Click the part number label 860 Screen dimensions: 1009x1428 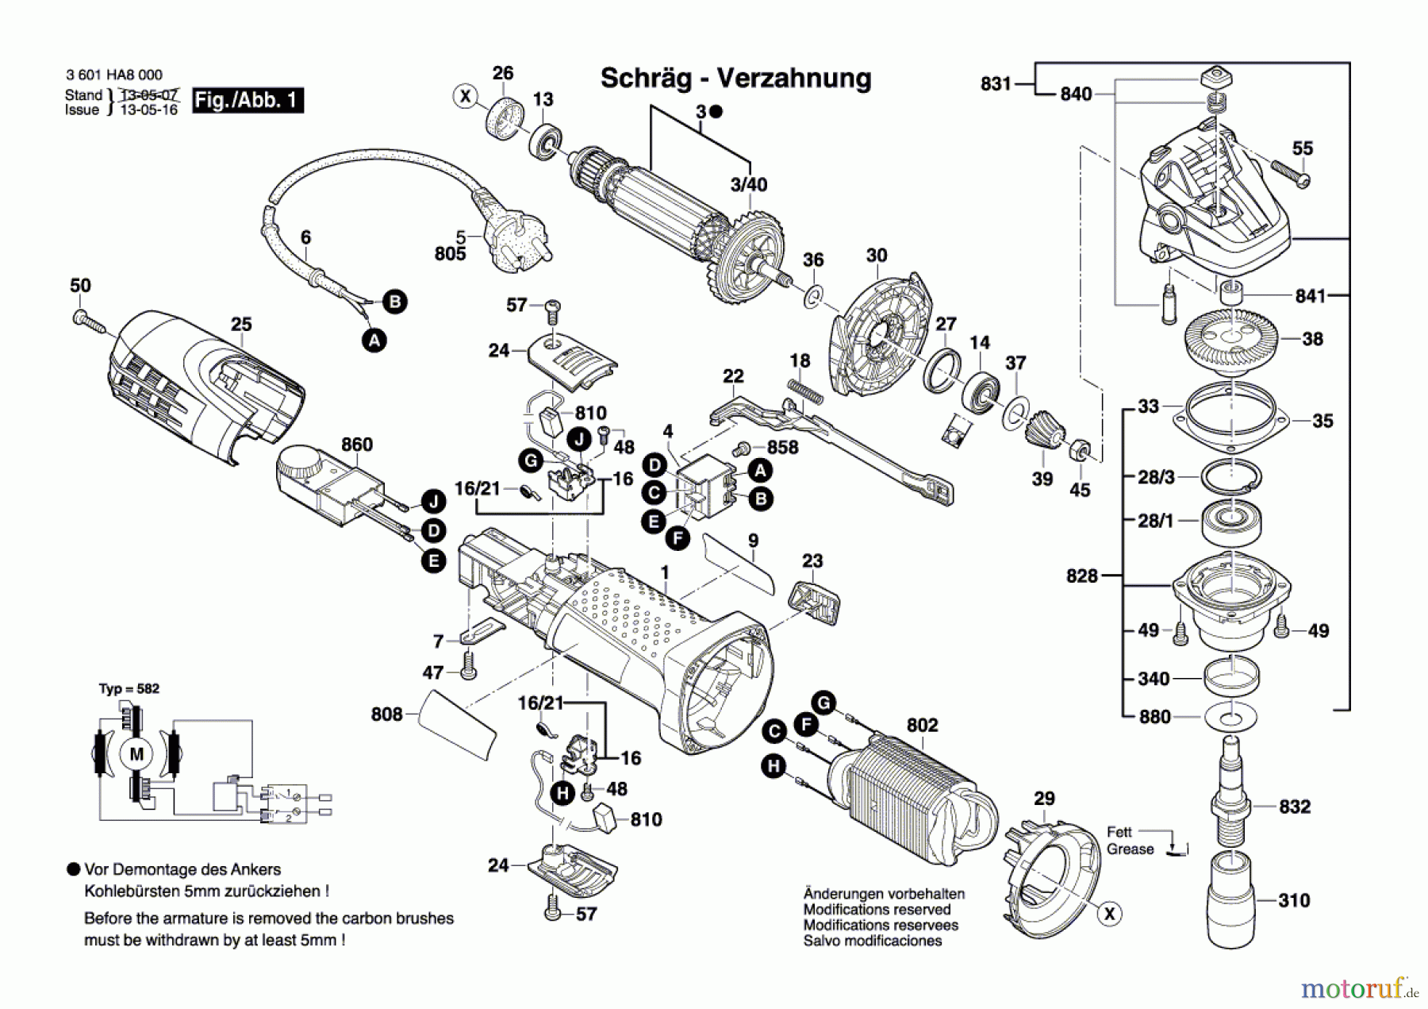356,445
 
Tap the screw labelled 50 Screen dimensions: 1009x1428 88,322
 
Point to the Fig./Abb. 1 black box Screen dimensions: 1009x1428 248,100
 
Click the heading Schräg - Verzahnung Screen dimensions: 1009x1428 735,78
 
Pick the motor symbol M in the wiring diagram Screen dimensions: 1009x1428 136,753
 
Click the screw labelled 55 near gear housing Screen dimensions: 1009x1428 1291,175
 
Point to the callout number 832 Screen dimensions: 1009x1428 1294,807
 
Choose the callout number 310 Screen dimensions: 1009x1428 1294,900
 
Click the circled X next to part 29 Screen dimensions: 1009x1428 1109,914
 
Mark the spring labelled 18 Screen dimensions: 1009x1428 804,391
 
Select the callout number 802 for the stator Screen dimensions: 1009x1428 922,725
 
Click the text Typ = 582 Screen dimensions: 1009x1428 129,688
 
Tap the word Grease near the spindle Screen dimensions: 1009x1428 1130,849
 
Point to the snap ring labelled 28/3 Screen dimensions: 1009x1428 1230,477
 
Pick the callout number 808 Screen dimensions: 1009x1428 386,714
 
